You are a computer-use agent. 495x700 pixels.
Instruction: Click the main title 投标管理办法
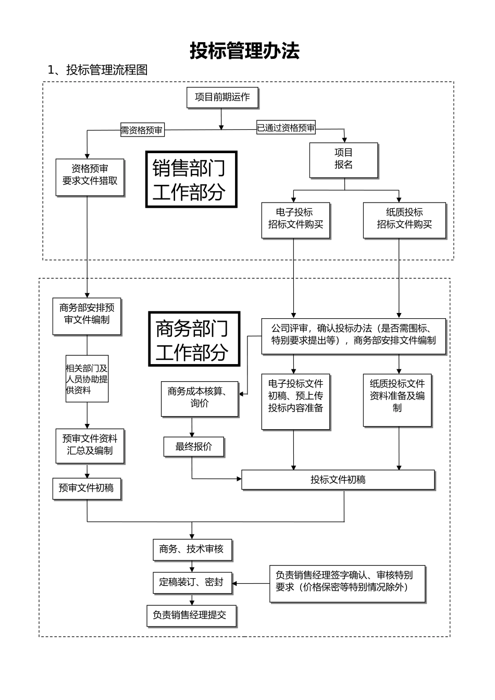(244, 51)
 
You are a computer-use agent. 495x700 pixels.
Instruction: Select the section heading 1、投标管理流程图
(97, 70)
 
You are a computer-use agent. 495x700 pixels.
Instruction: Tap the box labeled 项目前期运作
(222, 97)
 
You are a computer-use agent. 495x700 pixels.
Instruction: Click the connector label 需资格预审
(142, 130)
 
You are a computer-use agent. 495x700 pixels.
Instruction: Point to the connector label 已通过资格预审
(286, 128)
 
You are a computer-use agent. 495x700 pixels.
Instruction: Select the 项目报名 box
(343, 159)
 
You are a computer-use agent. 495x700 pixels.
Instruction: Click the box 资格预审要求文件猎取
(90, 177)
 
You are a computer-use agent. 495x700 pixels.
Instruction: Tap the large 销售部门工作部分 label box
(191, 180)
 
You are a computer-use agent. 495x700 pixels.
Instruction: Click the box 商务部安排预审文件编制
(86, 316)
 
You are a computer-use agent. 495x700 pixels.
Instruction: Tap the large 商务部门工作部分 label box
(194, 339)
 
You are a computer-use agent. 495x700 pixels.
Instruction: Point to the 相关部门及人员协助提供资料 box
(86, 378)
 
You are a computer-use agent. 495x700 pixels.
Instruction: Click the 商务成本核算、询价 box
(200, 398)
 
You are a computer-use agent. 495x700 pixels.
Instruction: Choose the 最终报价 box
(194, 446)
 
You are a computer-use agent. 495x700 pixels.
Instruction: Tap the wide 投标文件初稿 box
(338, 480)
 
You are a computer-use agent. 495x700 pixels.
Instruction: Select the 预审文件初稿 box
(86, 488)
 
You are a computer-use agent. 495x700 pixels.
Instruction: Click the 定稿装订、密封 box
(192, 582)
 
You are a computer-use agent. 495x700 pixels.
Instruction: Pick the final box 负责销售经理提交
(191, 615)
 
